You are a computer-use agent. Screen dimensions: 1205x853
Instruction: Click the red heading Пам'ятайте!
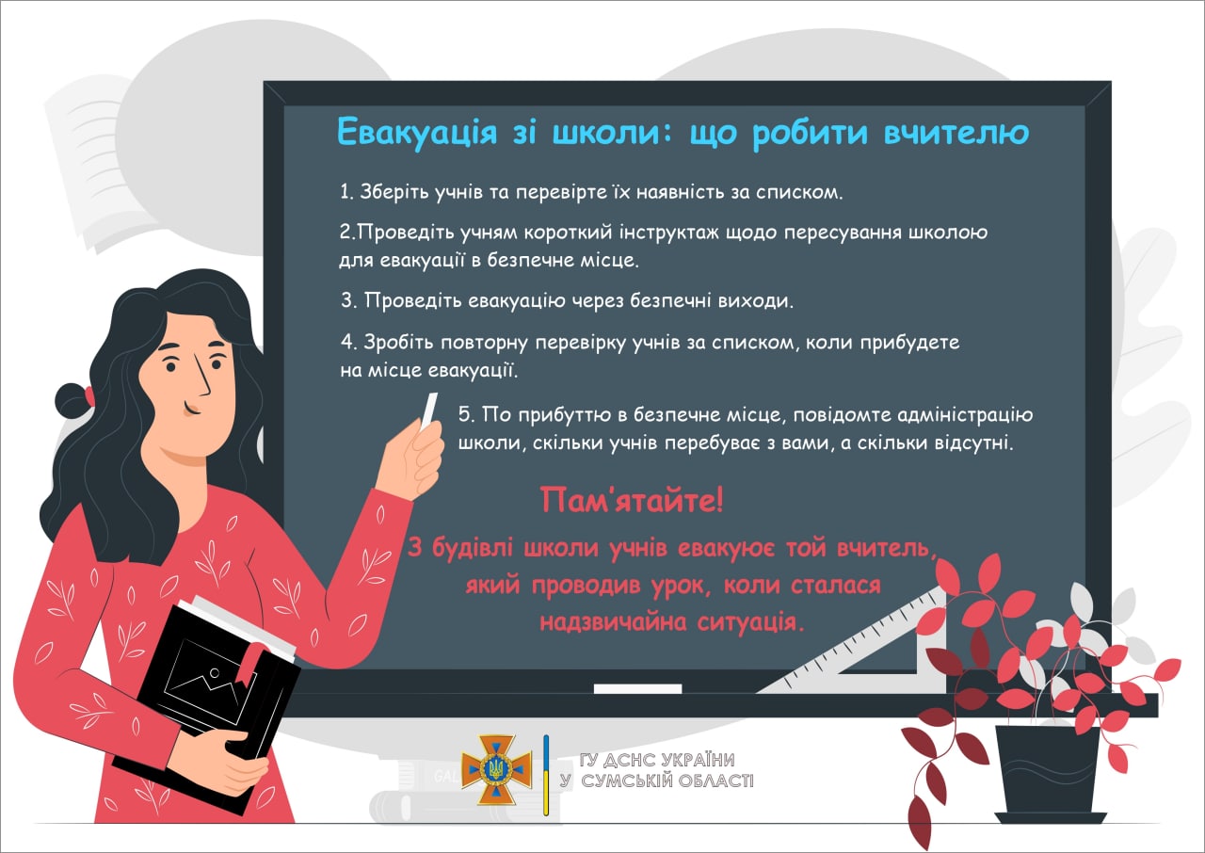pyautogui.click(x=632, y=500)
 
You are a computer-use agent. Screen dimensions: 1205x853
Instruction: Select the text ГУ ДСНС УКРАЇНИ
pyautogui.click(x=657, y=760)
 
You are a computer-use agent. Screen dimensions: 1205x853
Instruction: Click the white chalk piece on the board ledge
pyautogui.click(x=637, y=688)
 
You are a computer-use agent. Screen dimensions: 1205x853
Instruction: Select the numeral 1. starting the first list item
pyautogui.click(x=346, y=192)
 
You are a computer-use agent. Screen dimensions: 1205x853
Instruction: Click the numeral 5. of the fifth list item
pyautogui.click(x=467, y=414)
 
